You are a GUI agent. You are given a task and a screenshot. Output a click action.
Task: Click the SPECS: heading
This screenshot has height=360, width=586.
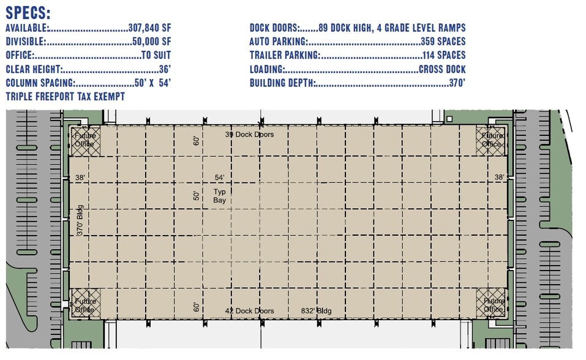(x=28, y=13)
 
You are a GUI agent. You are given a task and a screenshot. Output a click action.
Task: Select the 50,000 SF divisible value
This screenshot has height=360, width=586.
(x=152, y=42)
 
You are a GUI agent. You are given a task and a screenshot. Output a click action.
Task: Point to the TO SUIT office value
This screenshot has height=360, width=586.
(x=156, y=55)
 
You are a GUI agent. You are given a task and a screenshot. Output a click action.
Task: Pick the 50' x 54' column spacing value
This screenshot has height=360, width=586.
(x=152, y=83)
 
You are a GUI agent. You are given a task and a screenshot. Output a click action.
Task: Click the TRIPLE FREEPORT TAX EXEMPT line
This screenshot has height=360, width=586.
(x=65, y=96)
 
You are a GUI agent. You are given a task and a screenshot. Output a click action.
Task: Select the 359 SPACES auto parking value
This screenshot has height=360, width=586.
(x=443, y=42)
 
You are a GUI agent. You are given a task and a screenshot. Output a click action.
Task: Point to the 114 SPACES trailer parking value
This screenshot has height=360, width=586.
(x=443, y=55)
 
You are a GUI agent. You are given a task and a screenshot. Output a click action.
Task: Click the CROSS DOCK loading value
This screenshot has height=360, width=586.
(x=442, y=69)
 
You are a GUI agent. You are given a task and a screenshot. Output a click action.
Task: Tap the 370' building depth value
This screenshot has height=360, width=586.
(x=456, y=83)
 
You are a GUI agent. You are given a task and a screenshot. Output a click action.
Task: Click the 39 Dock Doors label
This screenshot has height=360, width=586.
(x=249, y=134)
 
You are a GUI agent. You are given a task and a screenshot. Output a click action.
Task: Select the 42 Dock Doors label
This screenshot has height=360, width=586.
(x=249, y=311)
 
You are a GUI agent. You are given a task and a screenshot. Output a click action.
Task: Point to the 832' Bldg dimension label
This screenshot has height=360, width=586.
(x=316, y=311)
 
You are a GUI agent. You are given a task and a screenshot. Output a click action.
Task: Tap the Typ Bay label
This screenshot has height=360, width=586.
(x=220, y=196)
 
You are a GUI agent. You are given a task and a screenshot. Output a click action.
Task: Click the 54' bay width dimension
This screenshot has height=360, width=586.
(x=220, y=178)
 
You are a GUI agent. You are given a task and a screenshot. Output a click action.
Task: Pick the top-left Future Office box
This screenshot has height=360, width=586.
(x=84, y=140)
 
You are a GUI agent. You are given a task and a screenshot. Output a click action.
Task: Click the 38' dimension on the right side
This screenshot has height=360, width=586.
(x=500, y=178)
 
